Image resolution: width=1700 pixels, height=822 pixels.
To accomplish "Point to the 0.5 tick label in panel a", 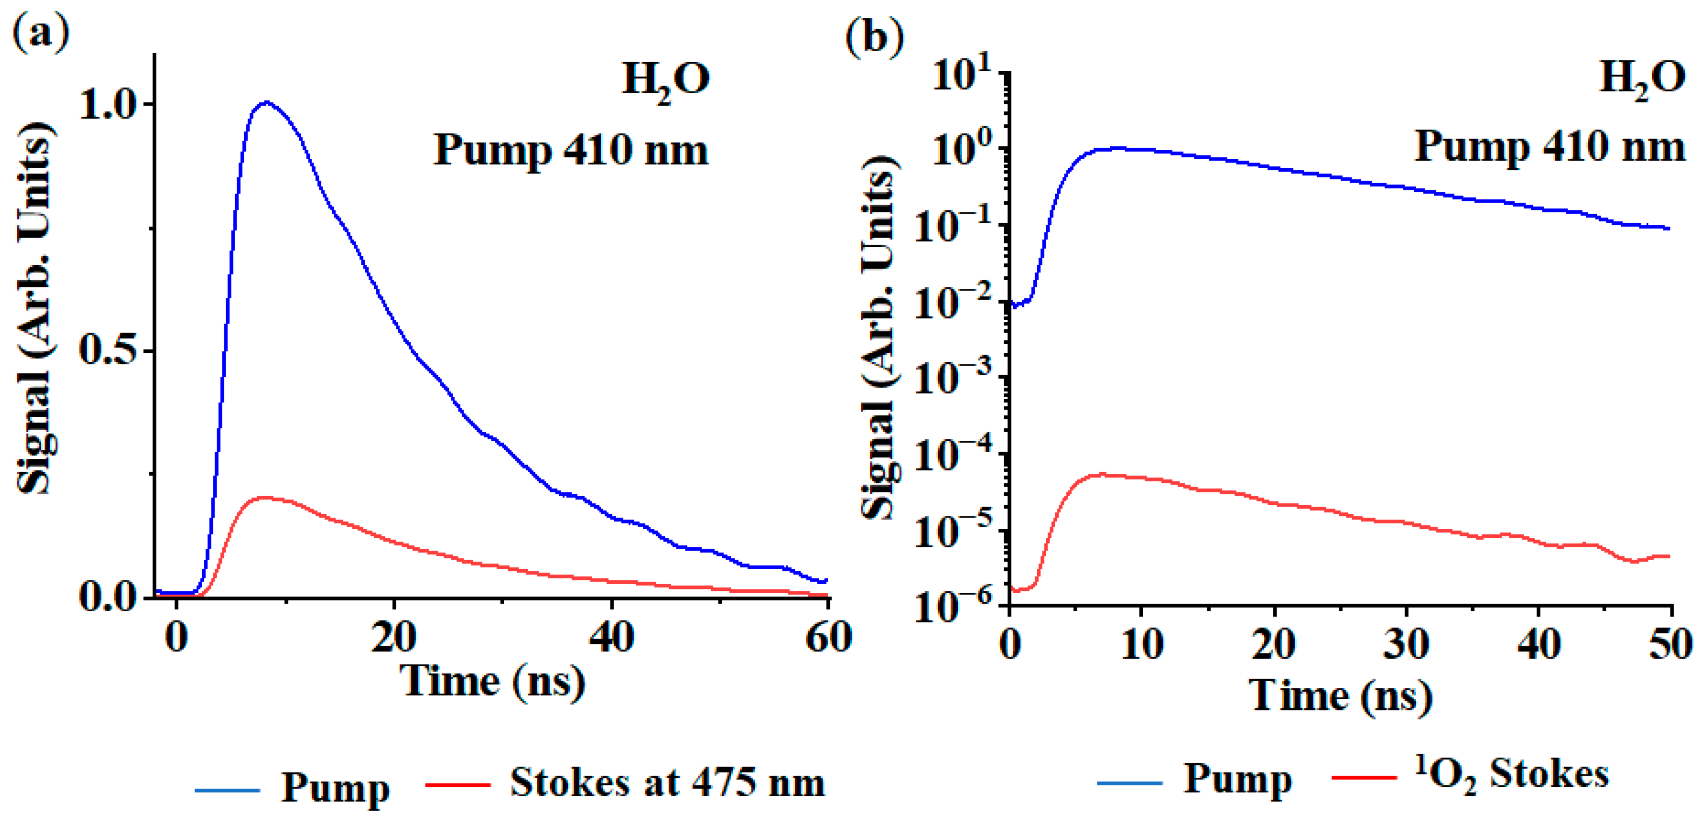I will coord(108,350).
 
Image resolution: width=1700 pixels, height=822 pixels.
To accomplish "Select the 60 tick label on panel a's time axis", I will coord(828,637).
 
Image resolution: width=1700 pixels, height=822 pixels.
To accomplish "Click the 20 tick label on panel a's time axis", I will coord(393,637).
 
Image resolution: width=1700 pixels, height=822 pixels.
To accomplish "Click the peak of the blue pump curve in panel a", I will coord(266,102).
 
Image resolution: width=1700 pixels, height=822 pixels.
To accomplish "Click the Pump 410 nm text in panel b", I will coord(1549,147).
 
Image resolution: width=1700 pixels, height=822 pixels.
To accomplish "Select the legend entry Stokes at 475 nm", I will coord(667,784).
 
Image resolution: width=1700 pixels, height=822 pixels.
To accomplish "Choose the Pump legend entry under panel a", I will coord(335,787).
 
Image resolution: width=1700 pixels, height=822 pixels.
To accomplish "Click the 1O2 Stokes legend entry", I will coord(1511,775).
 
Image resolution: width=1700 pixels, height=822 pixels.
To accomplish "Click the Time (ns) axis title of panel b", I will coord(1340,696).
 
